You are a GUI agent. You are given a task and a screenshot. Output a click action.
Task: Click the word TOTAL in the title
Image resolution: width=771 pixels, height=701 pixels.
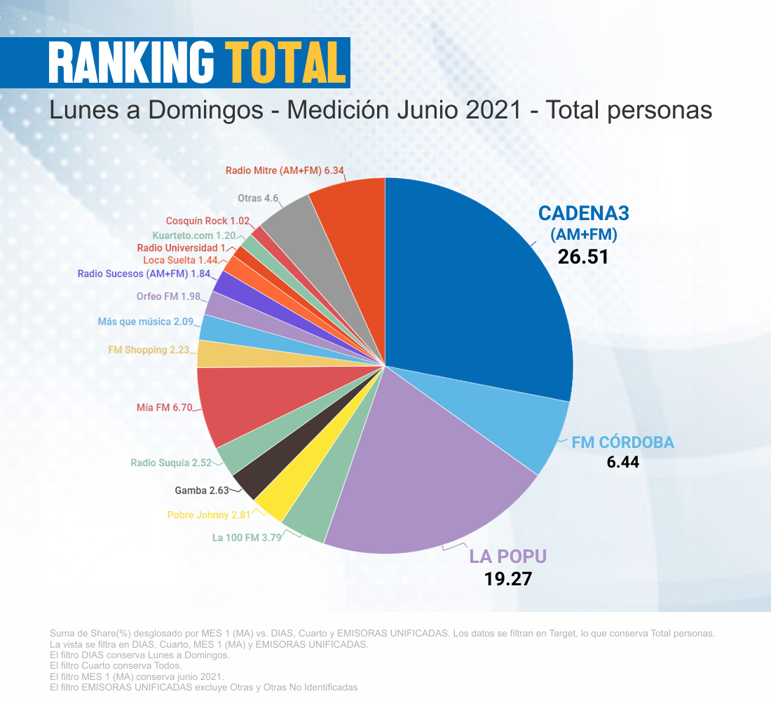click(x=286, y=63)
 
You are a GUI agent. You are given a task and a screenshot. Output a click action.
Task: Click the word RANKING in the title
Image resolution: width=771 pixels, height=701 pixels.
click(x=131, y=63)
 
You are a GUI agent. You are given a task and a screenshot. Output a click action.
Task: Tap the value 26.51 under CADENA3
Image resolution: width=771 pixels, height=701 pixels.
click(x=583, y=257)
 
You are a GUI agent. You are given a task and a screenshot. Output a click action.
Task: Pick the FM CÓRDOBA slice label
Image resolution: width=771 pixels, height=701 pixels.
click(x=622, y=442)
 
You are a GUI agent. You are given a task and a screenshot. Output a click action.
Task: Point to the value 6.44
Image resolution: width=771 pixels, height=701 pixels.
click(x=623, y=463)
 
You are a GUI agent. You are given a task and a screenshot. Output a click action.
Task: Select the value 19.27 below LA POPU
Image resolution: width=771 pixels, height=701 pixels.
click(x=508, y=579)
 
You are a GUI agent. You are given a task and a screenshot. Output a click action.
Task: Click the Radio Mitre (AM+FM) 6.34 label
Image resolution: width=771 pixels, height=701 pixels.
click(x=285, y=170)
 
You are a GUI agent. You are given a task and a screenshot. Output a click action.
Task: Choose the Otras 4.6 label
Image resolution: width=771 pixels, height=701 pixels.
click(x=259, y=198)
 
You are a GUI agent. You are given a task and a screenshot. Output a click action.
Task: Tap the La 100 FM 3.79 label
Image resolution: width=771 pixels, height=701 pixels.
click(x=246, y=538)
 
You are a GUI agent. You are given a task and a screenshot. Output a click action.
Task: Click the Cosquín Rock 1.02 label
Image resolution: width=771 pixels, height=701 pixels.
click(x=207, y=221)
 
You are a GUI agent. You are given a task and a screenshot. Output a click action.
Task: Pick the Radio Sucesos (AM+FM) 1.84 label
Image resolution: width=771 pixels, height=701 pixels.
click(x=143, y=273)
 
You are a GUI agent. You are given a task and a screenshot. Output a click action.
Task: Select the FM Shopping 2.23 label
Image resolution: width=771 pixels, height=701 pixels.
click(x=149, y=350)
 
